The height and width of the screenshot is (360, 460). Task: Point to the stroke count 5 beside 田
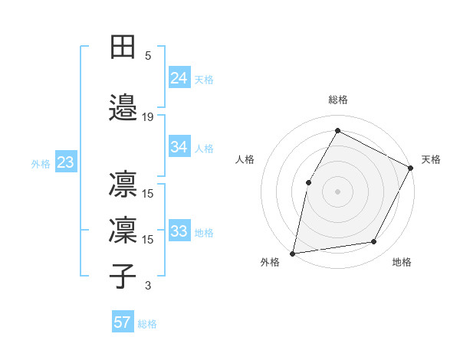[x=148, y=55]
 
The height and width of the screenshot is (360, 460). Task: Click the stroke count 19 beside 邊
[x=148, y=117]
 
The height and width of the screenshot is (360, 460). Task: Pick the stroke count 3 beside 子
[x=148, y=286]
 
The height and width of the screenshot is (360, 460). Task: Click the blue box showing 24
[x=179, y=78]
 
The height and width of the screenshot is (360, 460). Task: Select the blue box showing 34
[x=179, y=147]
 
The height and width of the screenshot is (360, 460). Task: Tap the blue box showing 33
[x=179, y=231]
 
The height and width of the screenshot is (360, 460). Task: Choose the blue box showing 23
[x=65, y=162]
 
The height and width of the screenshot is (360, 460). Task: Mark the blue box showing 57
[x=123, y=322]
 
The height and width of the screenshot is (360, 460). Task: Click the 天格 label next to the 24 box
[x=204, y=79]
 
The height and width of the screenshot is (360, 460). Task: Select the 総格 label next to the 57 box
[x=147, y=323]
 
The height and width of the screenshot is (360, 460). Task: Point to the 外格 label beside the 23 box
[x=41, y=163]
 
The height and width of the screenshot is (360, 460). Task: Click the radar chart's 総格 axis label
[x=337, y=100]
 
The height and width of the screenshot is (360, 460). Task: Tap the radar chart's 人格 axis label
[x=245, y=159]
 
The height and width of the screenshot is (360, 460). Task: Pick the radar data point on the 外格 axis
[x=293, y=253]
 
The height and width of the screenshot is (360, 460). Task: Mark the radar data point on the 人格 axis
[x=309, y=182]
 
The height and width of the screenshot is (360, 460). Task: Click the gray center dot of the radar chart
[x=337, y=191]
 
